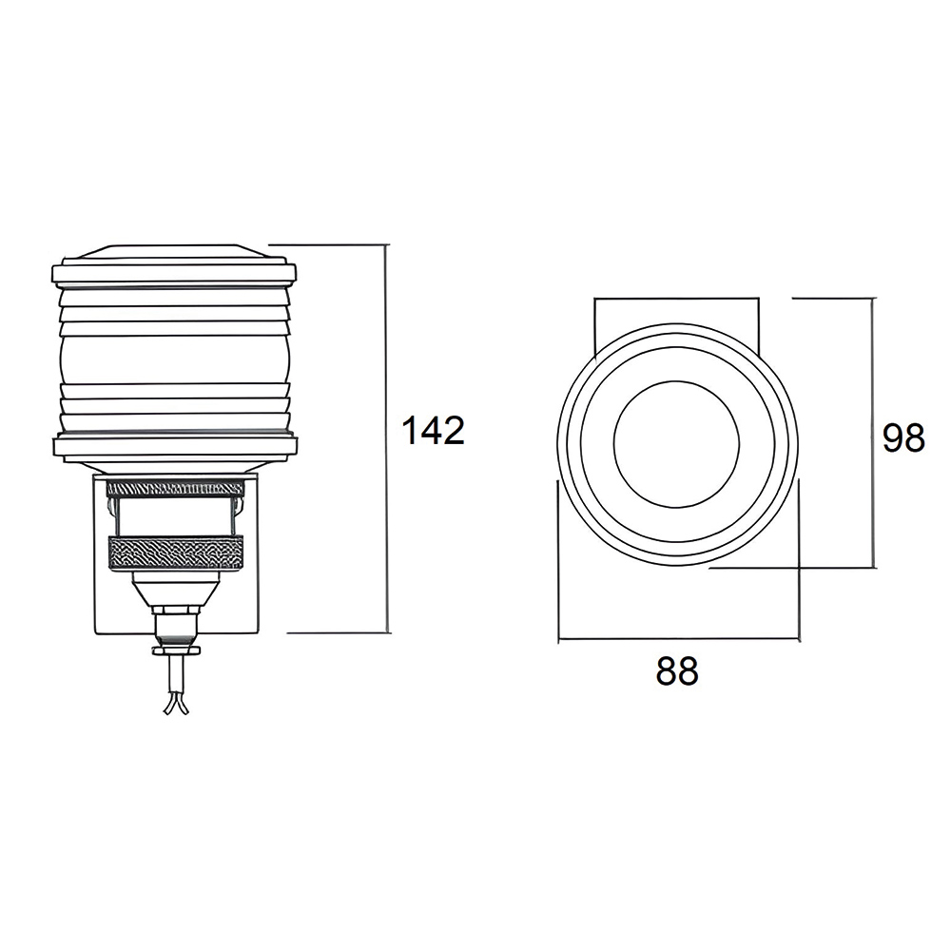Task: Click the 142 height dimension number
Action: [x=433, y=430]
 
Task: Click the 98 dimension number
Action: [x=903, y=437]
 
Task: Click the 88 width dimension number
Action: [x=677, y=670]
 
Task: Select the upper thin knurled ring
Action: [x=175, y=488]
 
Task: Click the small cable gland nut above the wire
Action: [x=176, y=625]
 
